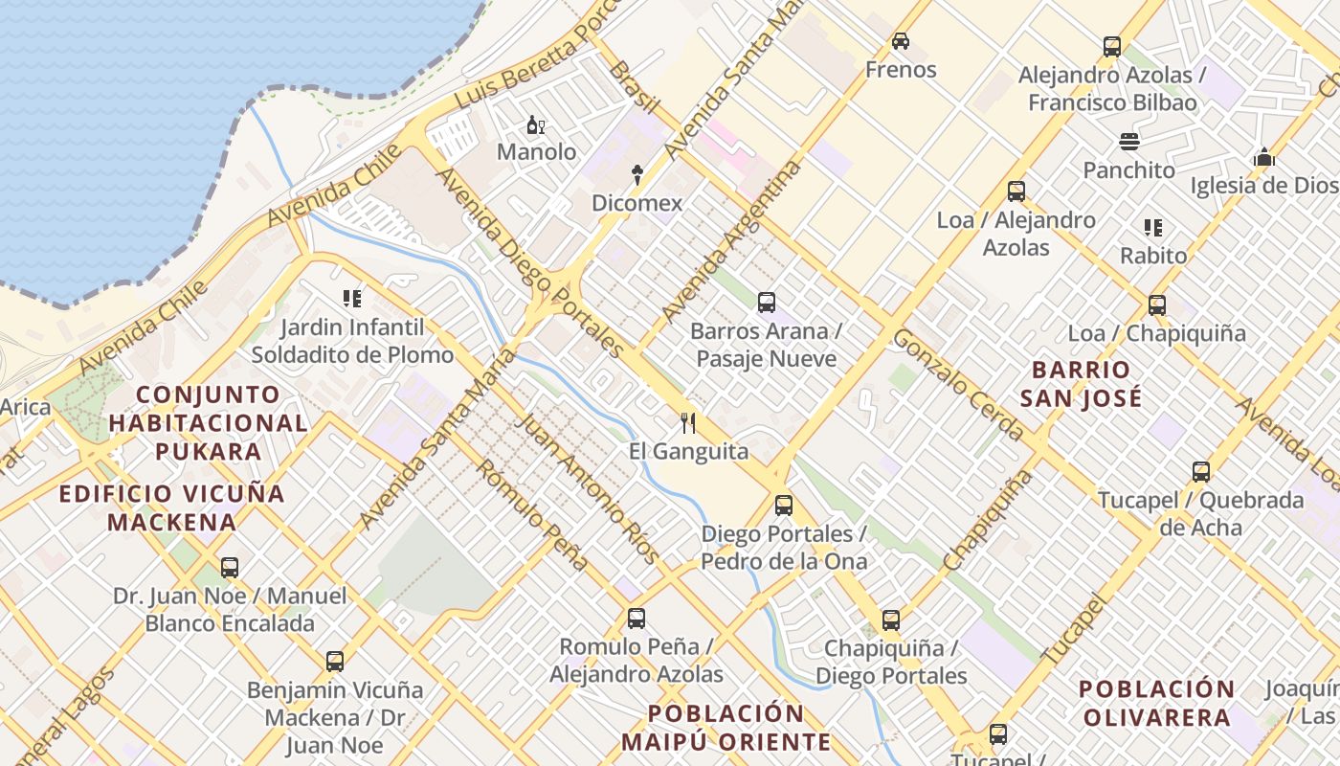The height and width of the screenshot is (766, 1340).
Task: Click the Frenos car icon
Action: pos(900,41)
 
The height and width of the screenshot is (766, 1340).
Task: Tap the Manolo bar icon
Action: pos(536,124)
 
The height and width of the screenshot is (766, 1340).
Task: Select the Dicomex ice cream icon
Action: pos(636,175)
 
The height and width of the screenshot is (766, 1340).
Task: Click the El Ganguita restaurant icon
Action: pos(687,422)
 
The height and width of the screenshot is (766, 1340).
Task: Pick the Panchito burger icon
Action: pos(1129,142)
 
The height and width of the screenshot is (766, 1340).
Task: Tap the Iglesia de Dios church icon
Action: pos(1264,157)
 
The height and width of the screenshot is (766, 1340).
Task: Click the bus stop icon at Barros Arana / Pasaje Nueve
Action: pos(766,303)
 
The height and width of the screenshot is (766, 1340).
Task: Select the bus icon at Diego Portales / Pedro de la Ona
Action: pos(784,505)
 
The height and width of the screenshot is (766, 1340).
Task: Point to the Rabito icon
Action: pos(1153,228)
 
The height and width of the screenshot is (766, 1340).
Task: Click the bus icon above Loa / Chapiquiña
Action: pos(1157,305)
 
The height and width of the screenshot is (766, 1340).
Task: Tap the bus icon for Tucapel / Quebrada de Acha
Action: pos(1201,471)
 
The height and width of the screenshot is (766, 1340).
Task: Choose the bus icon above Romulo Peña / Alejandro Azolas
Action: pos(636,619)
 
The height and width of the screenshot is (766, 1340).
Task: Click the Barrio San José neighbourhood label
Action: pos(1081,383)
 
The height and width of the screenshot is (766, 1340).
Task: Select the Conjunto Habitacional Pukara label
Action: pos(208,422)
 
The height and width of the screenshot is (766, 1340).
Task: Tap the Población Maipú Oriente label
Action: pos(726,727)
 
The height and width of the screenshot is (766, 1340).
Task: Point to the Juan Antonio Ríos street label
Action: pos(589,488)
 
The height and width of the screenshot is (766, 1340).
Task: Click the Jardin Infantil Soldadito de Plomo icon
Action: pos(351,299)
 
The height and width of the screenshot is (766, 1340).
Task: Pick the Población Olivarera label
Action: pos(1156,703)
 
